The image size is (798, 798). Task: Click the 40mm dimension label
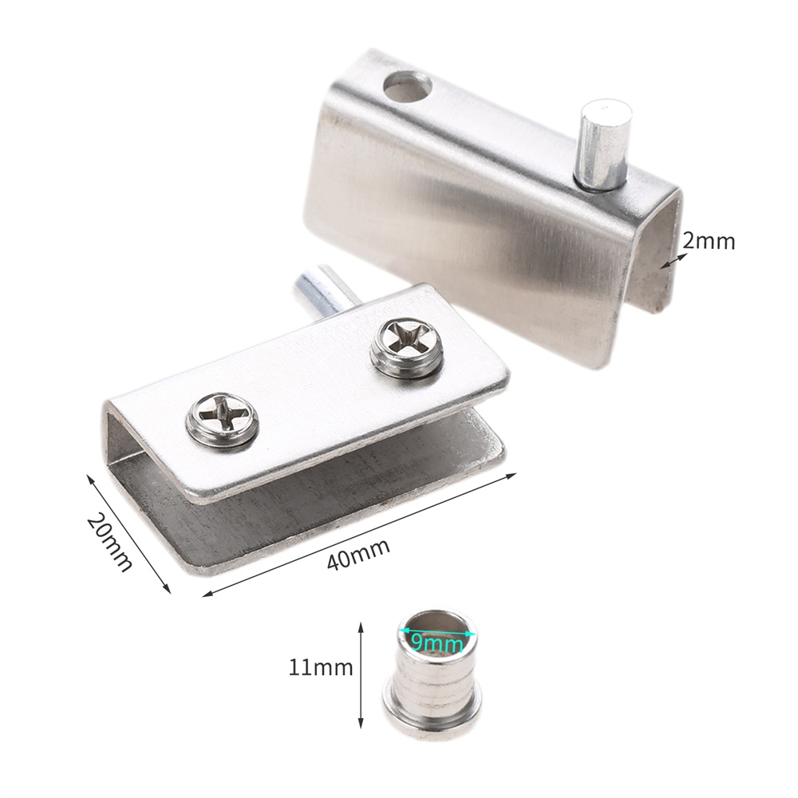(x=358, y=555)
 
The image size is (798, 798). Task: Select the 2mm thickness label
(x=709, y=241)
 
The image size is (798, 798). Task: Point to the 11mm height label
(x=321, y=666)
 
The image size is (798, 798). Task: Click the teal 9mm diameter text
(x=437, y=644)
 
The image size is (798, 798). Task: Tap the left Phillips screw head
(x=221, y=421)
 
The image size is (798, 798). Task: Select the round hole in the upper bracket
(x=408, y=85)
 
